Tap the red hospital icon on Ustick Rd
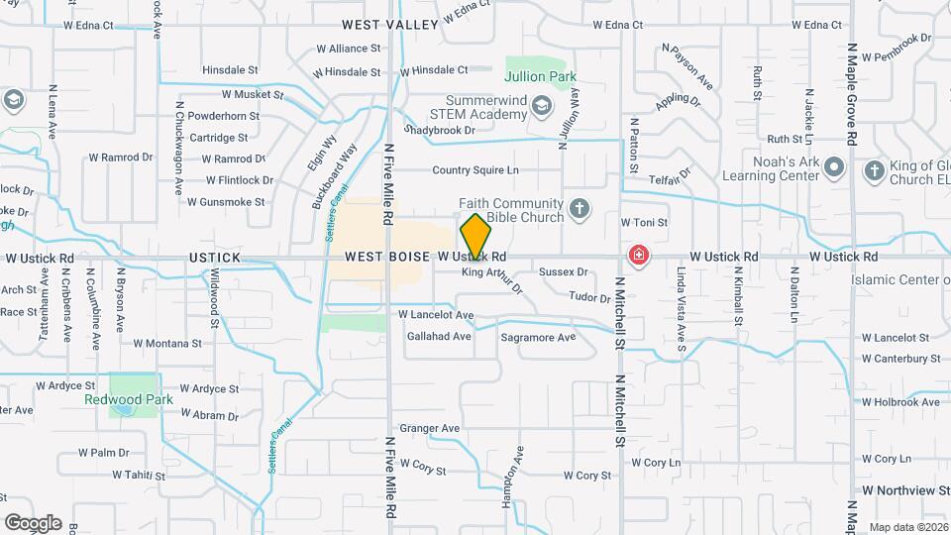pos(639,257)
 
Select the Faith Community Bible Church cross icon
pos(580,209)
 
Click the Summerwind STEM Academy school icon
pos(542,105)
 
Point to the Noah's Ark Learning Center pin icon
pos(834,167)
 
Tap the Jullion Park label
pos(540,76)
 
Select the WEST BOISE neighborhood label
pos(388,257)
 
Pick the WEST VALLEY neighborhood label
pos(390,24)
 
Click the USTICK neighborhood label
pos(214,258)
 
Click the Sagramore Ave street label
pos(538,337)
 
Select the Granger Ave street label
pos(429,428)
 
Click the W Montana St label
pos(166,344)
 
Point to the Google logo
pos(33,522)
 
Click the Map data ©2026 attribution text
pos(907,527)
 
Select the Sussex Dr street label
pos(563,270)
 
